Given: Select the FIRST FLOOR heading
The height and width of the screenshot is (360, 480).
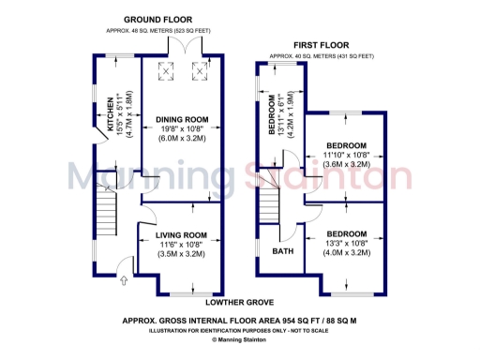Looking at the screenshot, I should point(322,43).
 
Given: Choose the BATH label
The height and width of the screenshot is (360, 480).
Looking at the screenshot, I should point(282,252).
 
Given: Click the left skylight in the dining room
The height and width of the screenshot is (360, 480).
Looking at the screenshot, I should point(167,70).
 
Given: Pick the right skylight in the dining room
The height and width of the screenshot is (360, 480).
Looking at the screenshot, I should point(199,70).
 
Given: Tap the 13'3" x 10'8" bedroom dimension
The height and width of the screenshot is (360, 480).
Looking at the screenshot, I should point(347,243).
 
